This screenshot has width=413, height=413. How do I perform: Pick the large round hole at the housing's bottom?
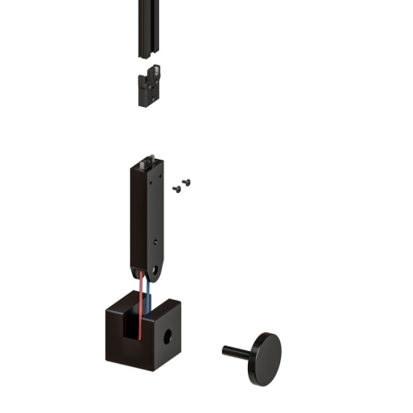click(x=157, y=269)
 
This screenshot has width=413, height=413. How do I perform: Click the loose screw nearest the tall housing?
click(x=176, y=189)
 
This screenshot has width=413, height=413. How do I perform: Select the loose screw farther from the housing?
click(x=187, y=181)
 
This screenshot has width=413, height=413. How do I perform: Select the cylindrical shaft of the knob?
click(x=237, y=350)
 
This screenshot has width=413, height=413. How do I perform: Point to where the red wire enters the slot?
click(x=138, y=310)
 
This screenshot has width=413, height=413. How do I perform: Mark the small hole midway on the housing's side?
click(x=159, y=241)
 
